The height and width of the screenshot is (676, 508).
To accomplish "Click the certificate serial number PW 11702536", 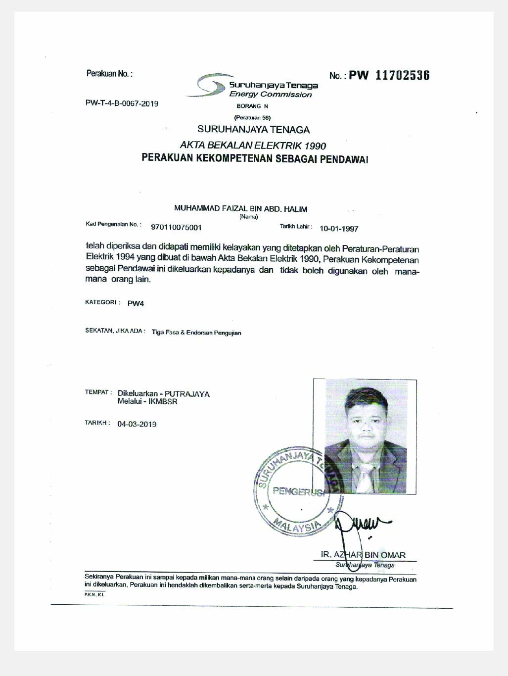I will [x=389, y=75].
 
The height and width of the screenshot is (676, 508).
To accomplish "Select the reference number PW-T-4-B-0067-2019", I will [x=122, y=103].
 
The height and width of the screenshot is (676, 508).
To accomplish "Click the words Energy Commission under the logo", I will [x=270, y=95].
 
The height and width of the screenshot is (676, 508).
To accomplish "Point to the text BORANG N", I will [x=252, y=106].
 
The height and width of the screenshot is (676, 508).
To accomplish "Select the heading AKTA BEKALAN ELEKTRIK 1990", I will [x=253, y=145].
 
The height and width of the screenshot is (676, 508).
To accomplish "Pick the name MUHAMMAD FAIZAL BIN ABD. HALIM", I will [x=240, y=209].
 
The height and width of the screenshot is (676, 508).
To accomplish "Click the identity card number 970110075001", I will [x=176, y=228].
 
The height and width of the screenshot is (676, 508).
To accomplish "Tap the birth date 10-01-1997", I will [x=339, y=229].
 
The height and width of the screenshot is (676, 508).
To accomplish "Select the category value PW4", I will [x=136, y=303].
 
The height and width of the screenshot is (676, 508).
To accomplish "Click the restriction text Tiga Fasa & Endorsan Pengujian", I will [x=196, y=333].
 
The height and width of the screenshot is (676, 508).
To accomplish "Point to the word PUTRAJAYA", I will [x=187, y=394].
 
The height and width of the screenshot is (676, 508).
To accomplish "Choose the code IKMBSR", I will [x=163, y=401].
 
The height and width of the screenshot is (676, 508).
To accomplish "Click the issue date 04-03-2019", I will [x=137, y=424].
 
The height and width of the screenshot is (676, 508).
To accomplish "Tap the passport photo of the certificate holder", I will [x=365, y=436].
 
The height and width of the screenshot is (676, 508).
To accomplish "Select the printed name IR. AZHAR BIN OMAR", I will [x=363, y=555].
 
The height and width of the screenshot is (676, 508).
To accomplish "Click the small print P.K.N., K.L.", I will [x=94, y=594].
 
